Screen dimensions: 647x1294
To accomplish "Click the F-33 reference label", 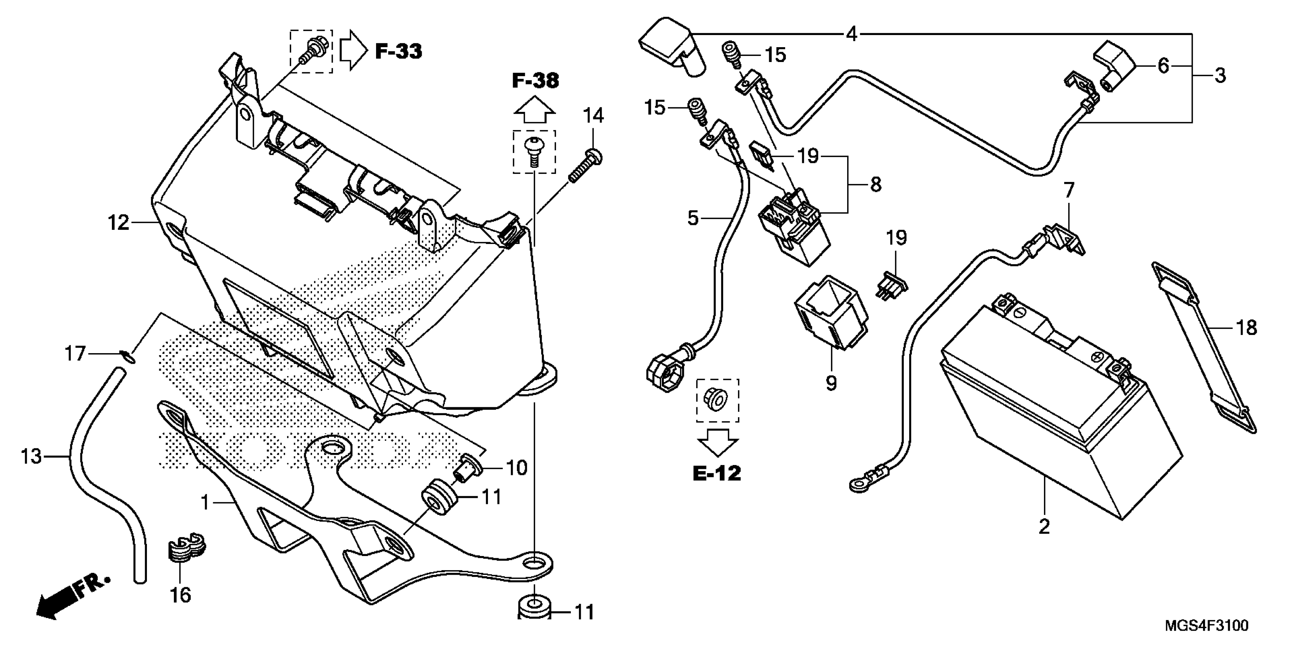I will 398,51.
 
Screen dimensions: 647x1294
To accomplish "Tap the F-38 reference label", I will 535,80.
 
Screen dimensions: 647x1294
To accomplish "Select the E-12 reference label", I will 717,473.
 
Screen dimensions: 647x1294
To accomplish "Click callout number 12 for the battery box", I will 118,223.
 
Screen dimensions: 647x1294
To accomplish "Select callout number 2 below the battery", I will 1044,526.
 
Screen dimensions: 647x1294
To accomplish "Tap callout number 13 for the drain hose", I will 31,457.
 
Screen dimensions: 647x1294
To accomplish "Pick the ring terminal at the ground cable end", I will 856,485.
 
